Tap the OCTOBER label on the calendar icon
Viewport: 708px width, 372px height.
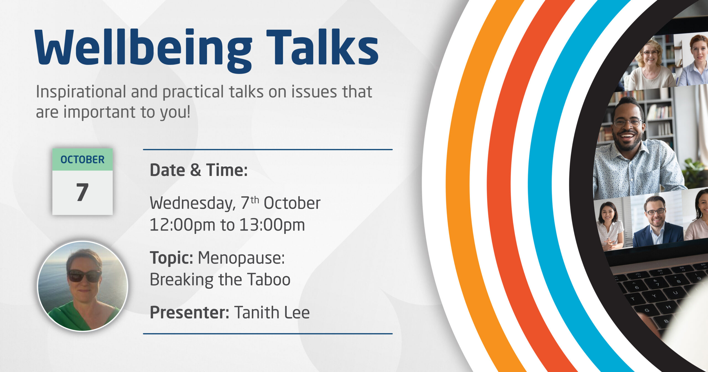82,159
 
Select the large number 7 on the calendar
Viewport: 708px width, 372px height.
82,192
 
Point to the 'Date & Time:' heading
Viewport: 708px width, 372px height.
199,170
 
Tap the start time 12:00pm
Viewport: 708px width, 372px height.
182,225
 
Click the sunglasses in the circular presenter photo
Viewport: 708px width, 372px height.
85,276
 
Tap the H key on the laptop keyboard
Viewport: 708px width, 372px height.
668,307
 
